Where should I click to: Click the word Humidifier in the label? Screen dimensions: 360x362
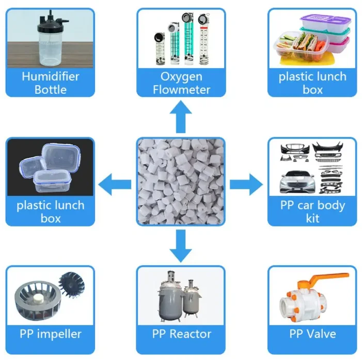(50, 77)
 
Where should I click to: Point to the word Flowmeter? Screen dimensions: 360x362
(181, 90)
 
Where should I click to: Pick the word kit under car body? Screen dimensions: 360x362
(312, 218)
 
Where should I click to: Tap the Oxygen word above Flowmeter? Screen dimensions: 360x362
(181, 77)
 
